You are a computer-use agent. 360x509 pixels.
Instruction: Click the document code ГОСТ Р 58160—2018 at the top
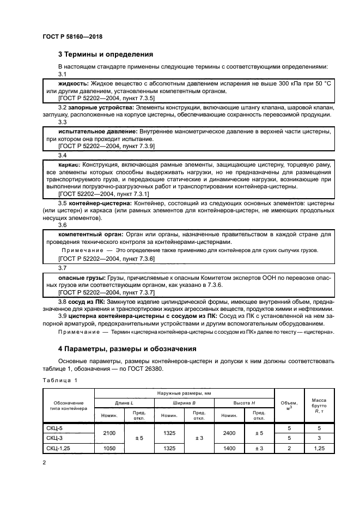point(72,36)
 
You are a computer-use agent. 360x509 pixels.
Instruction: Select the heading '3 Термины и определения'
point(105,54)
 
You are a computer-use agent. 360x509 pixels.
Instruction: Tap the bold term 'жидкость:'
point(74,84)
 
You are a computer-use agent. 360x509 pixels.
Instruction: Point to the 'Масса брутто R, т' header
point(318,406)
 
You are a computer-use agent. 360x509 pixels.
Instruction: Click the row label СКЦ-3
point(54,438)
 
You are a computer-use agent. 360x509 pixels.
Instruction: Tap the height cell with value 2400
point(229,433)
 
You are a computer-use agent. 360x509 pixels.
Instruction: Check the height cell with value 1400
point(229,447)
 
